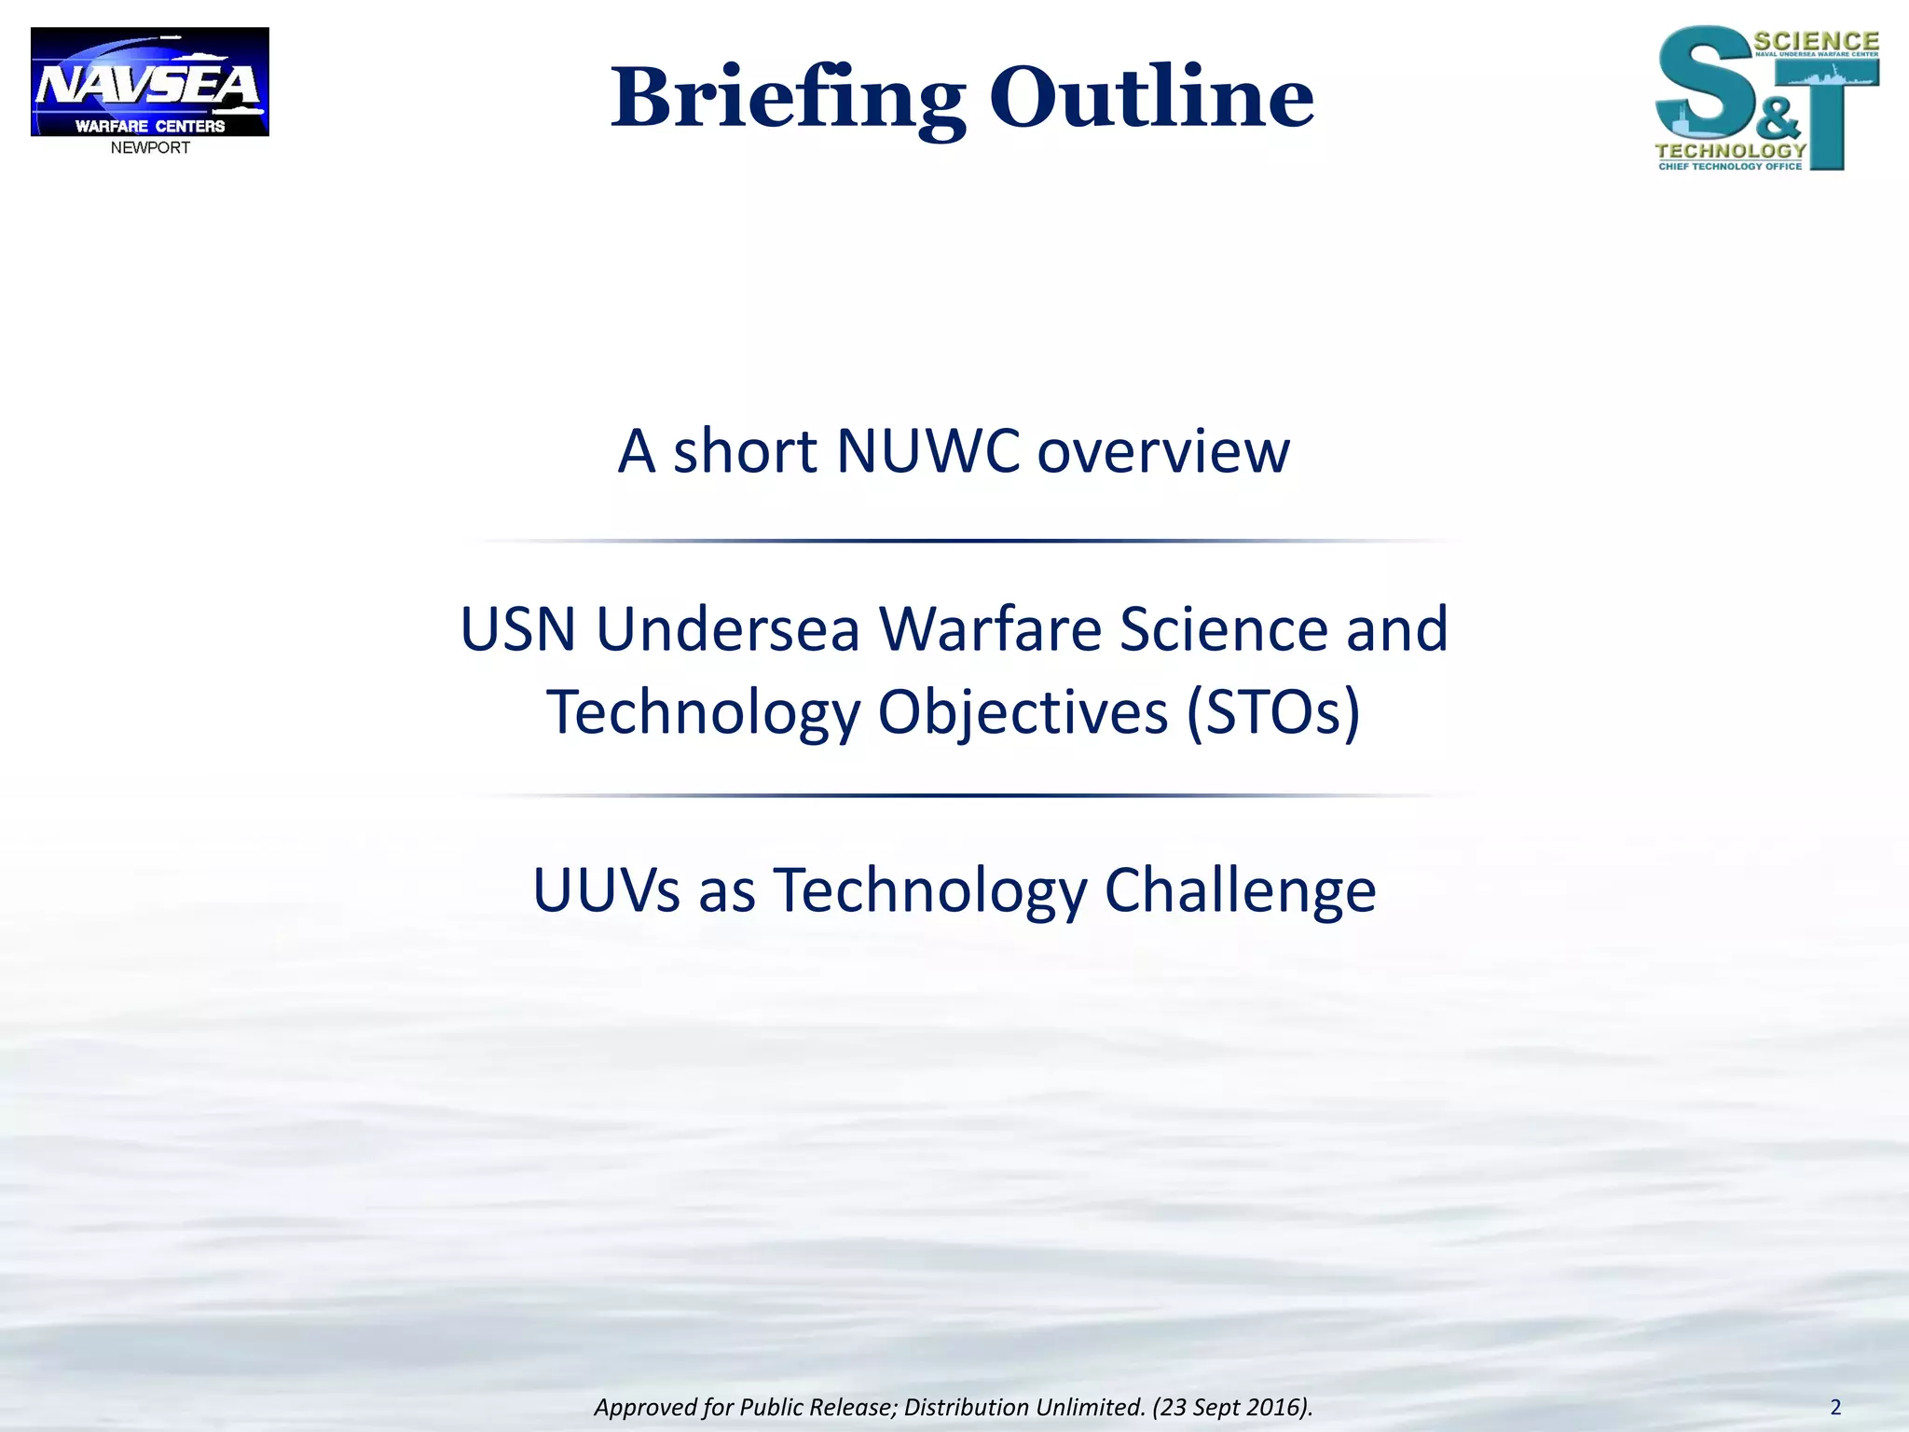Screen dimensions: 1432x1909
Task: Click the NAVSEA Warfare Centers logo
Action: pyautogui.click(x=150, y=82)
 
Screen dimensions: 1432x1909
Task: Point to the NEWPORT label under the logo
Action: pyautogui.click(x=150, y=148)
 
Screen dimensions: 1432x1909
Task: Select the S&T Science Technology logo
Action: pyautogui.click(x=1766, y=98)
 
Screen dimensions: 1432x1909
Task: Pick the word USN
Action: pyautogui.click(x=518, y=629)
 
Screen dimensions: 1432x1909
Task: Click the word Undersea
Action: pyautogui.click(x=727, y=629)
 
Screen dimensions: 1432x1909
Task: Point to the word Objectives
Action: pyautogui.click(x=1023, y=713)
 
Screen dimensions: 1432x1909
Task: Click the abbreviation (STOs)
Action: pyautogui.click(x=1273, y=713)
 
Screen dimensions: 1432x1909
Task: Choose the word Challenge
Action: pyautogui.click(x=1240, y=890)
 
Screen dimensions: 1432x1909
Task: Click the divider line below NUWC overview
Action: pyautogui.click(x=965, y=541)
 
